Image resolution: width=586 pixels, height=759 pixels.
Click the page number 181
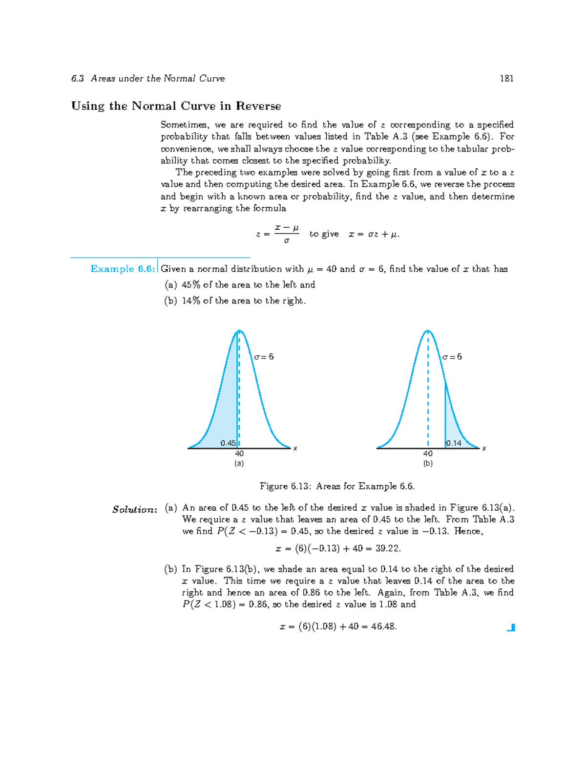click(506, 78)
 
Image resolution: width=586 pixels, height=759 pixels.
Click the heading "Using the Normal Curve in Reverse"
click(176, 106)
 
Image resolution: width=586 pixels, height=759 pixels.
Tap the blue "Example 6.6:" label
click(123, 269)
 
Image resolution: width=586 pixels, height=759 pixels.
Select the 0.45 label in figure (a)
click(228, 443)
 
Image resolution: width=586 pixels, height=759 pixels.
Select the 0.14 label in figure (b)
click(454, 443)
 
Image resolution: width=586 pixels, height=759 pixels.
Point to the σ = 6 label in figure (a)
click(264, 357)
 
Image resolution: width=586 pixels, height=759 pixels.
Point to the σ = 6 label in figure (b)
click(452, 357)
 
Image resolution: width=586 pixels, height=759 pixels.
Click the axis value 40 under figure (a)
click(239, 454)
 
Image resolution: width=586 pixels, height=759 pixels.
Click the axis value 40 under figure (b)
click(428, 454)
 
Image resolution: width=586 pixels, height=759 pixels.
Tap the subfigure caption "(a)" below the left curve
click(239, 463)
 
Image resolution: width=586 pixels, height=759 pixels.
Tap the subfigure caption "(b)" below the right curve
click(428, 463)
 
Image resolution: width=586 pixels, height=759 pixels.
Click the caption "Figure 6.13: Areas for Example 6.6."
click(337, 486)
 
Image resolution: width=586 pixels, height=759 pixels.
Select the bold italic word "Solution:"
click(135, 509)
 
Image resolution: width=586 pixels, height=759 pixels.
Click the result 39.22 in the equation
click(388, 548)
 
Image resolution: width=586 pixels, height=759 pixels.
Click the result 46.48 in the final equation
click(383, 627)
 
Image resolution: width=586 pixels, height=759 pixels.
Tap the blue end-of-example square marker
click(511, 628)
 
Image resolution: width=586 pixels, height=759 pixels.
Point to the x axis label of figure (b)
click(484, 448)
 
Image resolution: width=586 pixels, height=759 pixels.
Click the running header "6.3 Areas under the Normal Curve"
click(148, 78)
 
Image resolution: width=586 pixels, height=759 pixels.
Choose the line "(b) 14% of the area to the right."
click(235, 301)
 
